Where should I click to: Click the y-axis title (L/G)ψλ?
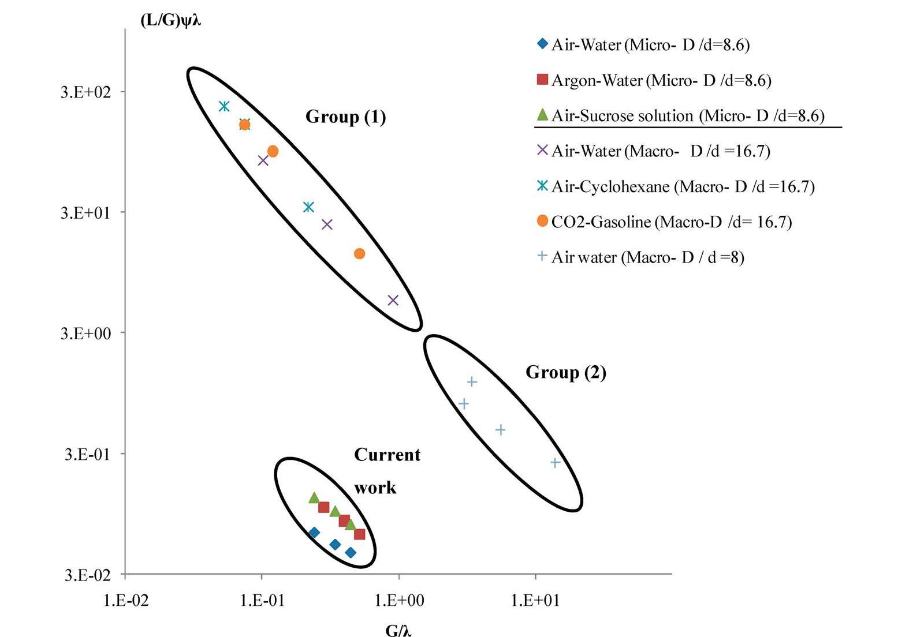[x=171, y=21]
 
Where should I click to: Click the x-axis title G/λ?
[x=398, y=631]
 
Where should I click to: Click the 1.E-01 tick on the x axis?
[x=262, y=601]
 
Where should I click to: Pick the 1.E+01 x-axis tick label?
[x=535, y=601]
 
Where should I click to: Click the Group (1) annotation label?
[x=345, y=117]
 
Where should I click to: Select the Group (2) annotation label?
[x=565, y=372]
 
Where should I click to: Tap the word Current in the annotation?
[x=387, y=455]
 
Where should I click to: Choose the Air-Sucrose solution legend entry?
[x=687, y=116]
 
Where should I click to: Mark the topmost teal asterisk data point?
[x=224, y=106]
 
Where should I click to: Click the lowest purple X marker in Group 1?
[x=393, y=300]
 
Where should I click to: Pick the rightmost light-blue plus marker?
[x=556, y=462]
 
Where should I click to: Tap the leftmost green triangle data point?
[x=314, y=497]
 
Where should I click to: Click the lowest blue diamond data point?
[x=351, y=553]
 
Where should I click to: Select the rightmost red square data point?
[x=359, y=534]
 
